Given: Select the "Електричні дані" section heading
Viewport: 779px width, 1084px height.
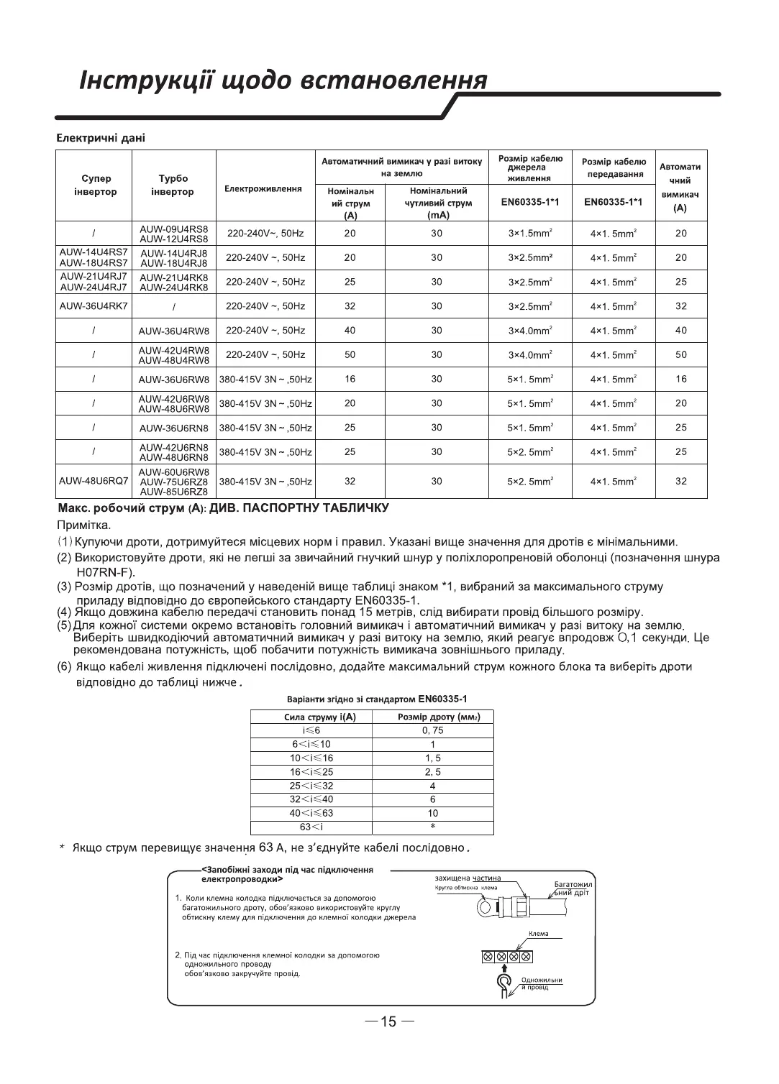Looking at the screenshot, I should pyautogui.click(x=101, y=138).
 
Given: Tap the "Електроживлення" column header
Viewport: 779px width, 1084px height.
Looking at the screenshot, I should pyautogui.click(x=264, y=188).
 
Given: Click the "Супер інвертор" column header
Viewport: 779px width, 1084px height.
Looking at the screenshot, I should pyautogui.click(x=95, y=185).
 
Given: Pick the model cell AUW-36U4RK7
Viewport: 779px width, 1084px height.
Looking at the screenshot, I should pyautogui.click(x=94, y=306).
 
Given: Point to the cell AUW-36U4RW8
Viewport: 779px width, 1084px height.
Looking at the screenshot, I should pyautogui.click(x=173, y=331).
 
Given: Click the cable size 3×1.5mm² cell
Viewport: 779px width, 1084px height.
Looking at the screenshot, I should pyautogui.click(x=530, y=234).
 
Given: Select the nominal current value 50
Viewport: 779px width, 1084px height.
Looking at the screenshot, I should pyautogui.click(x=350, y=354).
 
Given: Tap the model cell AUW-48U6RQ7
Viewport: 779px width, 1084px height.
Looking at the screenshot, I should pyautogui.click(x=94, y=481).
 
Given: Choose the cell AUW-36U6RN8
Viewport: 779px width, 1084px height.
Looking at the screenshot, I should pyautogui.click(x=173, y=428).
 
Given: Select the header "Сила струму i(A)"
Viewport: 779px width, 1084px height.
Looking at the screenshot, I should pyautogui.click(x=311, y=717).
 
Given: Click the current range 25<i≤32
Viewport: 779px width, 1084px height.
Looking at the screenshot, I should pyautogui.click(x=311, y=786).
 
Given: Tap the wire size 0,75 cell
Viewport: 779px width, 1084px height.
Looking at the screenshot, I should pyautogui.click(x=432, y=730).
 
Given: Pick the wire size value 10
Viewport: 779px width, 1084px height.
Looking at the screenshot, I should pyautogui.click(x=432, y=813).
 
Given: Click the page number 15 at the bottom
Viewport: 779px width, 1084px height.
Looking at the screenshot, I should pyautogui.click(x=388, y=1021).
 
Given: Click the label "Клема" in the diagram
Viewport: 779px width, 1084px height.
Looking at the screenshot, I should pyautogui.click(x=538, y=934).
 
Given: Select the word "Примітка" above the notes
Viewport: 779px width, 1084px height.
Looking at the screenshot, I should pyautogui.click(x=83, y=525).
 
